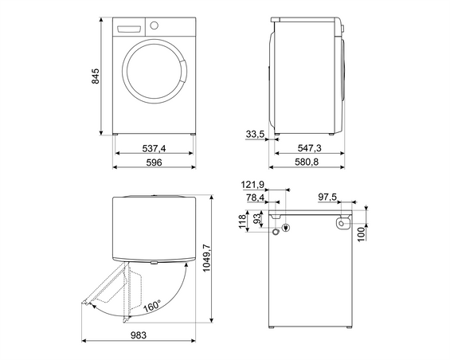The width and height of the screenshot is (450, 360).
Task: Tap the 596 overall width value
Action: [154, 162]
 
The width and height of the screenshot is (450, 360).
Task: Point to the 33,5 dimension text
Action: [255, 135]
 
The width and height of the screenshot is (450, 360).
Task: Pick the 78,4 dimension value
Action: [255, 197]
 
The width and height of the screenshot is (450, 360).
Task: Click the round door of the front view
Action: [155, 76]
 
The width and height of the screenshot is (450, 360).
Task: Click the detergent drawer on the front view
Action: [127, 28]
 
